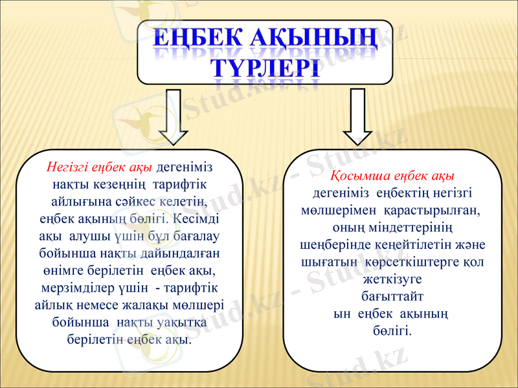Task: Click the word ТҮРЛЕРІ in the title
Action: [265, 67]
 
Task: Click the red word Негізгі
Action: [69, 167]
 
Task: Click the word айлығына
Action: [80, 200]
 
